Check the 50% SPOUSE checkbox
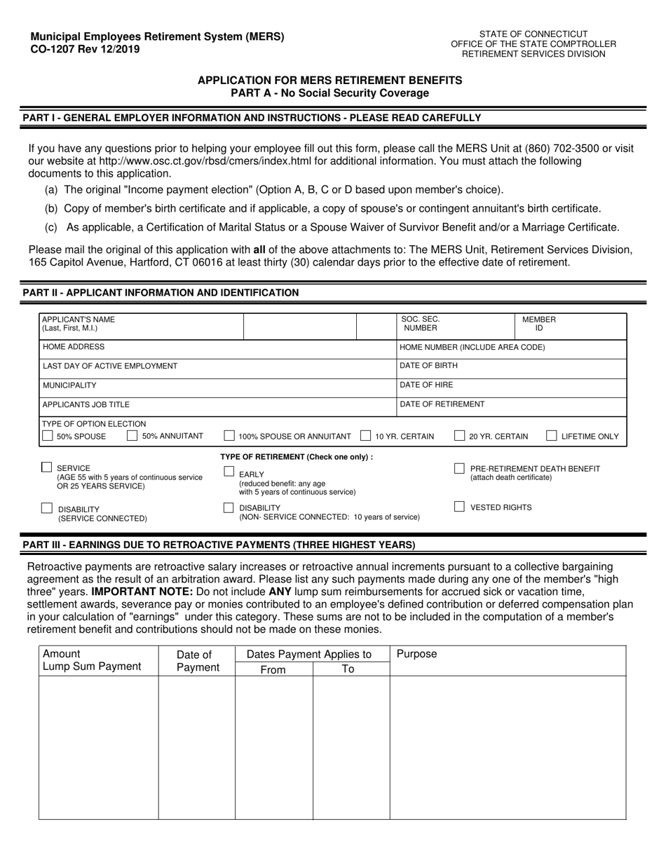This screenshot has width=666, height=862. click(x=48, y=436)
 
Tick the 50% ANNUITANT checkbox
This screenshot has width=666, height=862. click(x=132, y=436)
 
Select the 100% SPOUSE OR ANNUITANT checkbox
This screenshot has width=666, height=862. click(x=229, y=436)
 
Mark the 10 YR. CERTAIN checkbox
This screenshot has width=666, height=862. click(x=365, y=436)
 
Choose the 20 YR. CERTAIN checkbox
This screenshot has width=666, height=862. click(x=459, y=436)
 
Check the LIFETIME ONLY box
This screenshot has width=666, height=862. click(x=552, y=436)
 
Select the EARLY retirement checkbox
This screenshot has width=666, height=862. click(x=229, y=472)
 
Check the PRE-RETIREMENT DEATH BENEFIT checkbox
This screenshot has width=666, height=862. click(x=459, y=468)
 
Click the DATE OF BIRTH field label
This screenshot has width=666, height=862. click(x=428, y=366)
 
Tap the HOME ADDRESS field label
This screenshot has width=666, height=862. click(x=74, y=347)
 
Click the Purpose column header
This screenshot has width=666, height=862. click(x=416, y=654)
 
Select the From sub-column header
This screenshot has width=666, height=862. click(x=273, y=669)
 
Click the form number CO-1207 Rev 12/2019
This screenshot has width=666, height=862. click(x=84, y=49)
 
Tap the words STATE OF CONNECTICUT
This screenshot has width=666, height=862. click(x=533, y=34)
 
